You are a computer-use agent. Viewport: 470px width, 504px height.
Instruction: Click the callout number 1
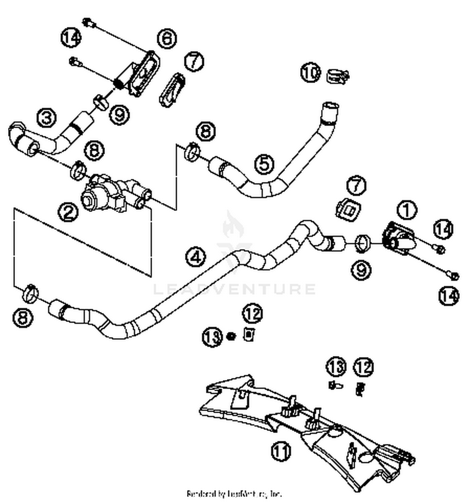pos(406,210)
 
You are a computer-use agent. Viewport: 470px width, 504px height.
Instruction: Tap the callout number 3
pos(47,118)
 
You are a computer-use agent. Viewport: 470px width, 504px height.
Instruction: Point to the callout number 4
pos(196,257)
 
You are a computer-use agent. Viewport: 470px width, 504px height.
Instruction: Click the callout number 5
pos(264,164)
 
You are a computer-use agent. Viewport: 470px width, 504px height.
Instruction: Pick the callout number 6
pos(167,38)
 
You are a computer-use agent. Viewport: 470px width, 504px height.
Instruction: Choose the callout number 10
pos(311,72)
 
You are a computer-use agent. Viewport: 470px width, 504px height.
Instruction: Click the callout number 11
pos(280,452)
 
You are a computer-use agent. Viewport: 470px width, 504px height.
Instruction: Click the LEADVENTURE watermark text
pos(234,289)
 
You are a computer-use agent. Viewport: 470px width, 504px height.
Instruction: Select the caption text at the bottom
pos(234,494)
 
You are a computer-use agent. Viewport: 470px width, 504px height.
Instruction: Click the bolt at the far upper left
pos(87,23)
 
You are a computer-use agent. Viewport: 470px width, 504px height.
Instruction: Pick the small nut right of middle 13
pos(231,336)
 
